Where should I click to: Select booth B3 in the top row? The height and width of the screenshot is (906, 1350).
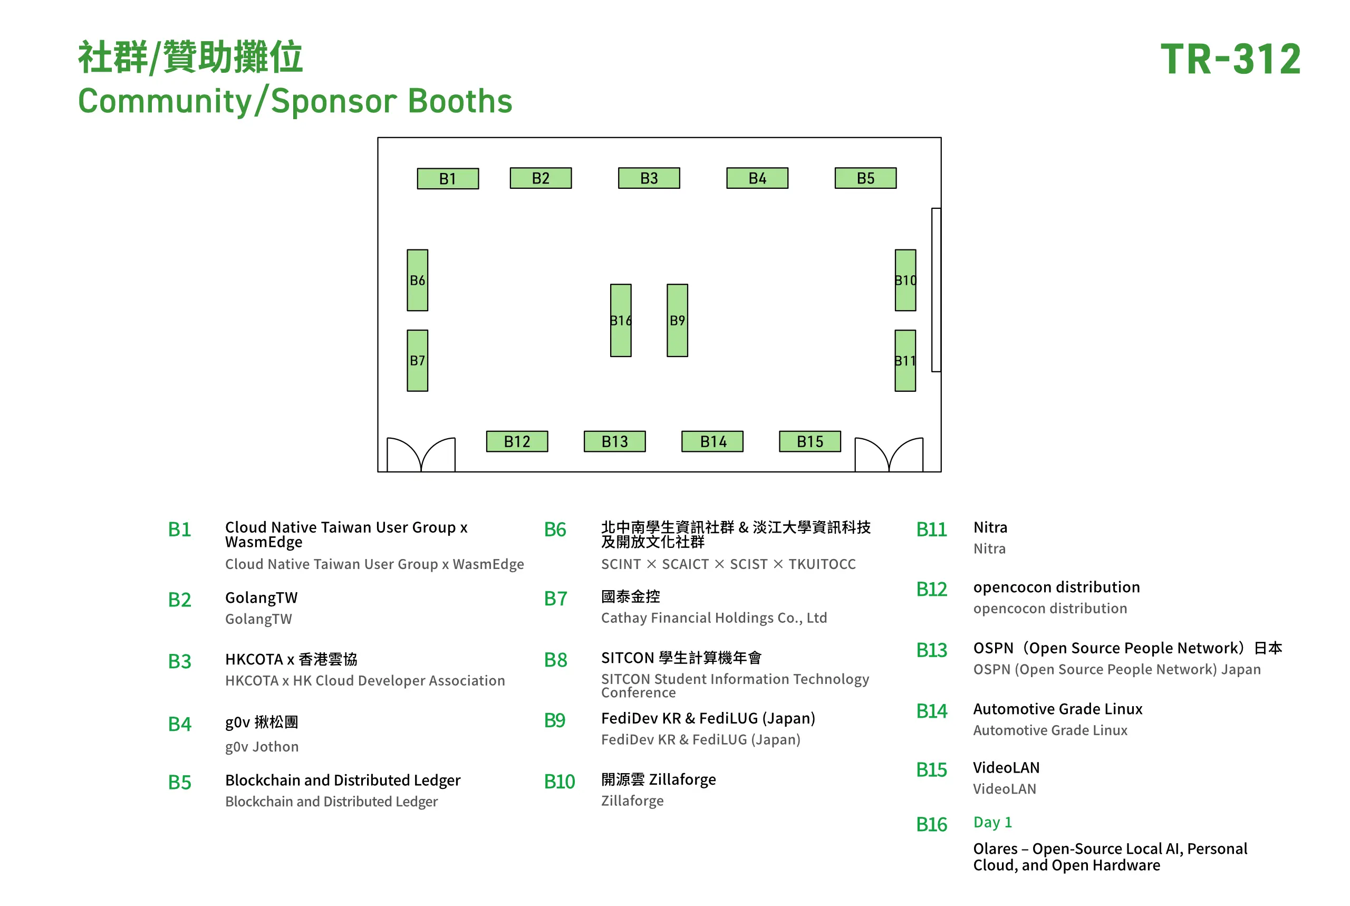point(649,178)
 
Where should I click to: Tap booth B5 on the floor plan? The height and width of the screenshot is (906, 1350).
point(865,178)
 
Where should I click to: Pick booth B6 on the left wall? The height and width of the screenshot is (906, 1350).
point(418,280)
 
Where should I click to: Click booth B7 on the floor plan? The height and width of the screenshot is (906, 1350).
point(418,361)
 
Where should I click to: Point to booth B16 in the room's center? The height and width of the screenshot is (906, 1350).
point(621,320)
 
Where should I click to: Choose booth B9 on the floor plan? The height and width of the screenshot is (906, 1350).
point(678,320)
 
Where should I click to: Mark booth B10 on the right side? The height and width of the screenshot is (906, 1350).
point(905,280)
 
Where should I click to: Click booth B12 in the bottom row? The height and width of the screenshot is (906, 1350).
point(517,441)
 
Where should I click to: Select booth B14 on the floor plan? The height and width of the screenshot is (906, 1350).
point(712,441)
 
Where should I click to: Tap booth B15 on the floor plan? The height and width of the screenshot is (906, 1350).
point(810,441)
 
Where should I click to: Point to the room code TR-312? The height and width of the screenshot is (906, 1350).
point(1230,59)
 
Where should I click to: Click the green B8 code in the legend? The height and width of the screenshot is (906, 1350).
point(556,660)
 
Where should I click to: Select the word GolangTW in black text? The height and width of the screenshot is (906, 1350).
point(262,597)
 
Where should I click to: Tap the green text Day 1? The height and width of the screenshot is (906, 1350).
point(992,822)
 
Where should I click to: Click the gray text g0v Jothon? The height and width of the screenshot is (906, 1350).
point(262,747)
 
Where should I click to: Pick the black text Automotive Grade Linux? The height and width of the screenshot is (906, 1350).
point(1058,709)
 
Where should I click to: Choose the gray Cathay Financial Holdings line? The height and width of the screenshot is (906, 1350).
point(714,618)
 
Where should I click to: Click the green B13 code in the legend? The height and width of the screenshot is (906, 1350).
point(932,650)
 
